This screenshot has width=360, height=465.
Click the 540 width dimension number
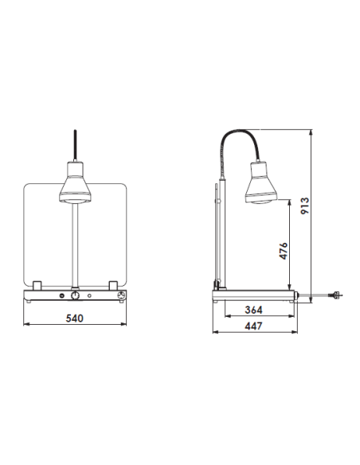(74, 318)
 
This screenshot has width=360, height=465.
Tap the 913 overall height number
(304, 205)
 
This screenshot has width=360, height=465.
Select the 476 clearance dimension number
(284, 251)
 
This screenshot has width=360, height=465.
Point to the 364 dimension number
(253, 310)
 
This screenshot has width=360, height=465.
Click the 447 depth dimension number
(253, 326)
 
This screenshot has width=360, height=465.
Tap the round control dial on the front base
(75, 295)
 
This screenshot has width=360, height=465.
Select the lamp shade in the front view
(75, 182)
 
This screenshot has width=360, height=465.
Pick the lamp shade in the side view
(261, 182)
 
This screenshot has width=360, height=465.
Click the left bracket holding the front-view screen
(37, 286)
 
